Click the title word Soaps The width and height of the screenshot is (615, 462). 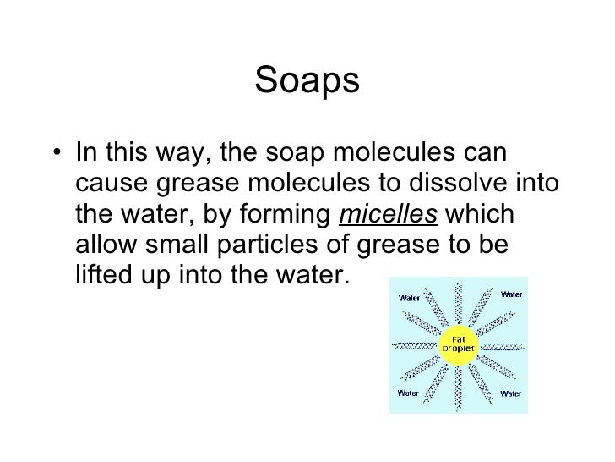307,82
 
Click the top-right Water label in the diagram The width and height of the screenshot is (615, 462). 510,294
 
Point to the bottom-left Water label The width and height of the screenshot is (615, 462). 409,393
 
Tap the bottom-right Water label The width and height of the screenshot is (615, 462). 510,393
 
